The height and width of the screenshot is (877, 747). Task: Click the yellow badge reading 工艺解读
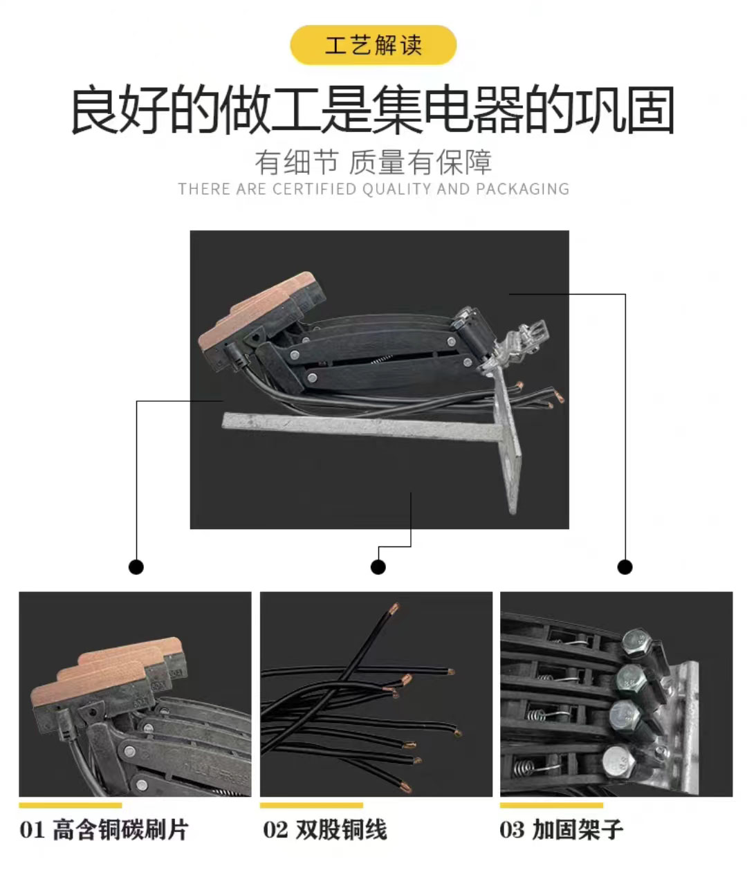[373, 45]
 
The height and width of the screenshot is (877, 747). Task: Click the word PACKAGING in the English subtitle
[522, 189]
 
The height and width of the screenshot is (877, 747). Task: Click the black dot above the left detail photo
[136, 567]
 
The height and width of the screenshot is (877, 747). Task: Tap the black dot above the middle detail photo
[378, 567]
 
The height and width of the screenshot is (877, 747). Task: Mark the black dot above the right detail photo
[625, 567]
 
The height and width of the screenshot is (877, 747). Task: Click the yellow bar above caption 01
[71, 805]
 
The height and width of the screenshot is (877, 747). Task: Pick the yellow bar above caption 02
[311, 805]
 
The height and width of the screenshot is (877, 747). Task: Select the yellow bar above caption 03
[551, 805]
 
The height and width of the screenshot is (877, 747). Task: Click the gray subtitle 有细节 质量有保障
[373, 162]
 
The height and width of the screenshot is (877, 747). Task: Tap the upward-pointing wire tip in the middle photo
[394, 609]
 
